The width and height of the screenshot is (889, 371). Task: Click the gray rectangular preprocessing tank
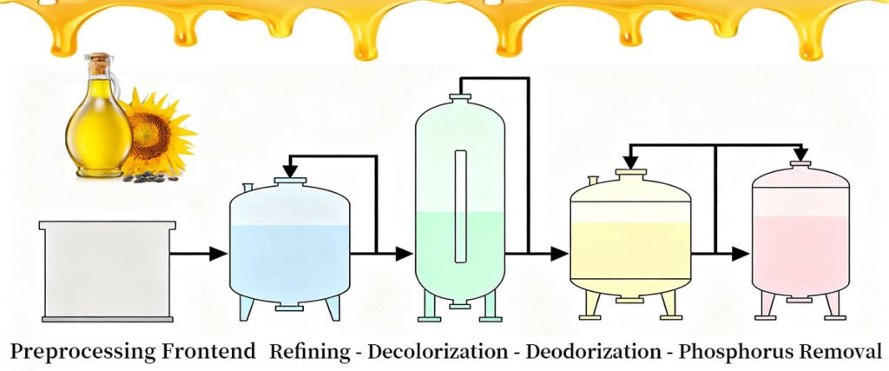(x=107, y=269)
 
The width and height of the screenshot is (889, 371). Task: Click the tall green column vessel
(x=460, y=200)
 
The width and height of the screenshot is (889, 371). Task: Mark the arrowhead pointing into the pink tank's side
(x=740, y=254)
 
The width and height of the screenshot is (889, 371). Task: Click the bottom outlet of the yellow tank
(x=630, y=300)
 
